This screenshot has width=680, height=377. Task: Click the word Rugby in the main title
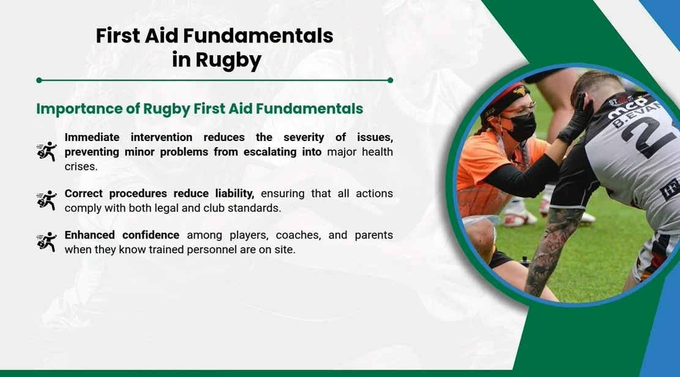pos(228,60)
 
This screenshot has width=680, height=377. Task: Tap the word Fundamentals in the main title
pos(258,36)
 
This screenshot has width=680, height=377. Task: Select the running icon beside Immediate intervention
pos(47,151)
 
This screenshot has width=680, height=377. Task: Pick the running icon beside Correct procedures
pos(47,200)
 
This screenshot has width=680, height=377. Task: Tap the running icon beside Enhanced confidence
pos(47,242)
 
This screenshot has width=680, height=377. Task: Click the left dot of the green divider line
pos(39,80)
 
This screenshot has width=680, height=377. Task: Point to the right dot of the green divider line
pos(390,80)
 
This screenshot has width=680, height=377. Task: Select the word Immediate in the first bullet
pos(92,137)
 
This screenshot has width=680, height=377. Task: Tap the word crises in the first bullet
pos(81,167)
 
